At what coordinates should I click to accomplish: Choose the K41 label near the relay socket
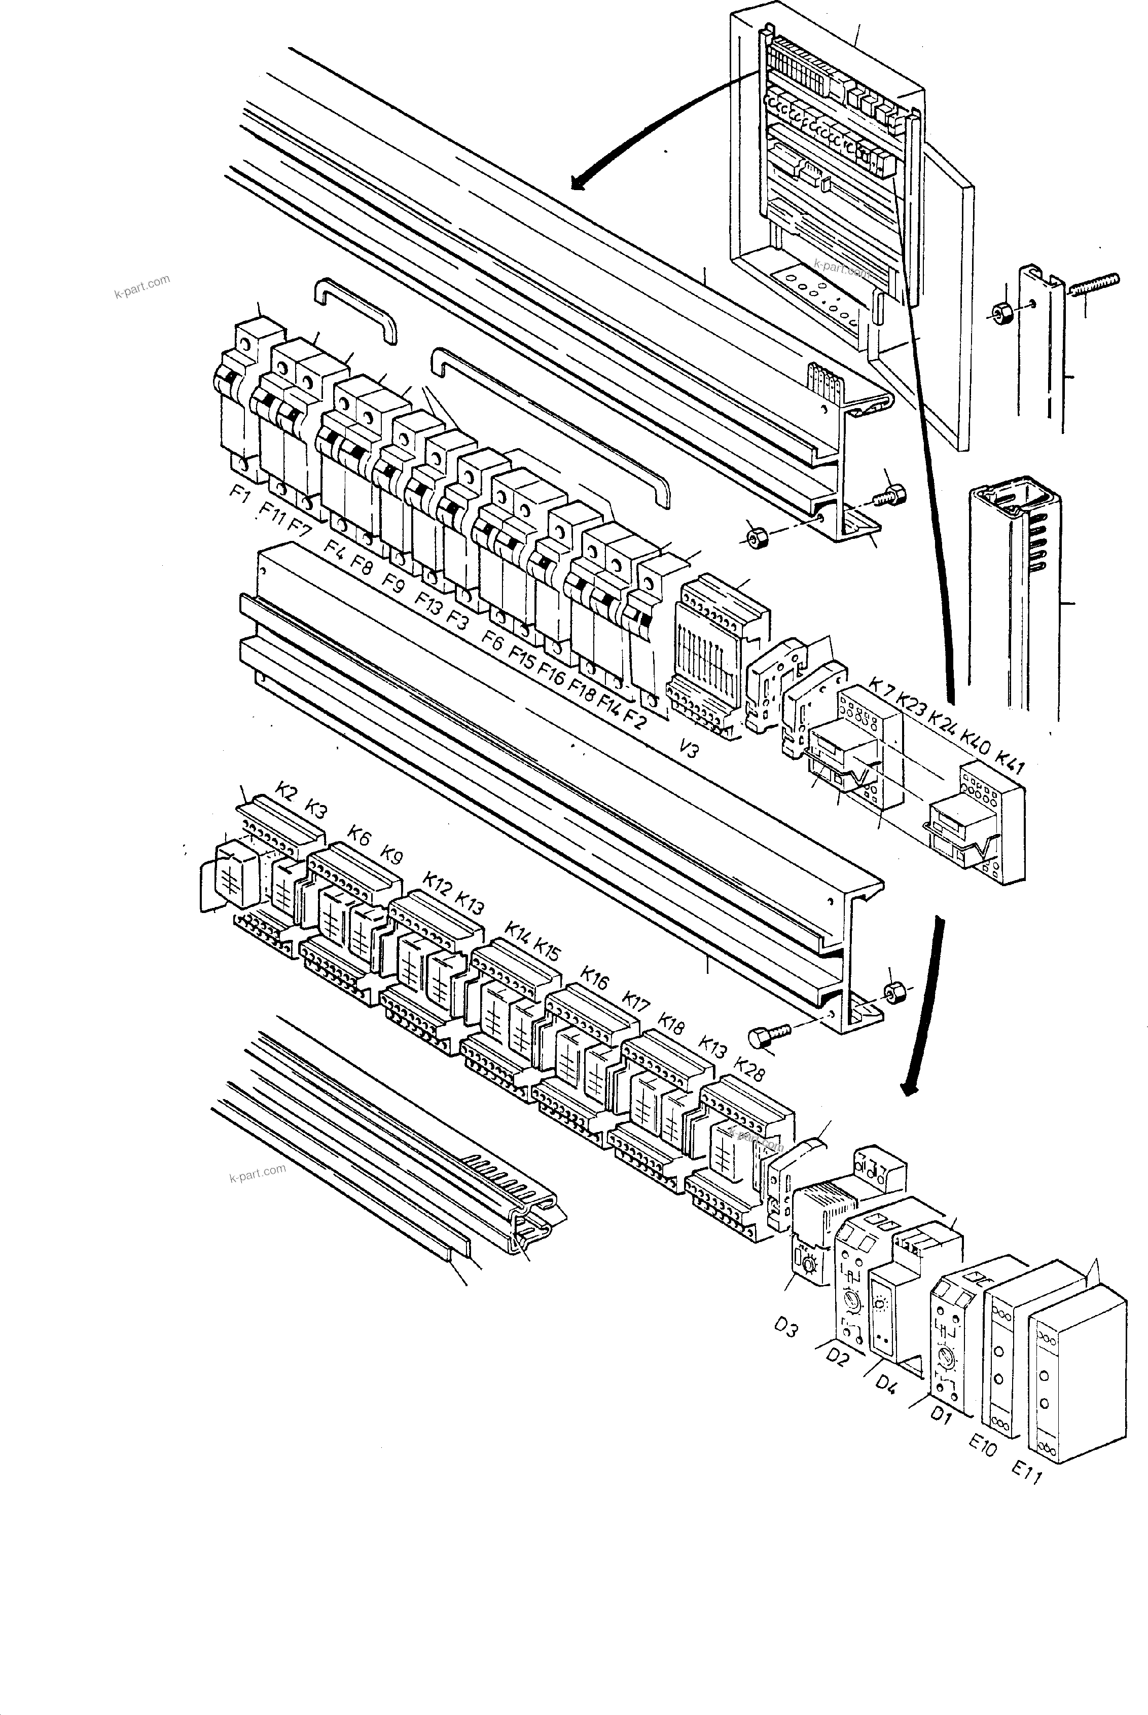click(x=1011, y=761)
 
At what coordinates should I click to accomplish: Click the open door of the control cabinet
click(x=948, y=293)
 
